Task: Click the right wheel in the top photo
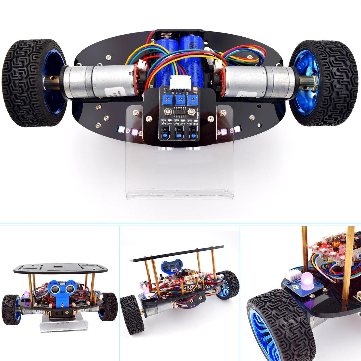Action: pyautogui.click(x=323, y=83)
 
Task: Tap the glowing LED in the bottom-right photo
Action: pyautogui.click(x=307, y=281)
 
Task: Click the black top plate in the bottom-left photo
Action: pyautogui.click(x=60, y=268)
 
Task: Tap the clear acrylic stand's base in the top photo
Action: pyautogui.click(x=180, y=194)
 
